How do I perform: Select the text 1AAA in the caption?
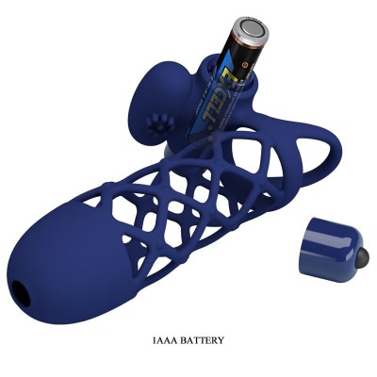(x=164, y=340)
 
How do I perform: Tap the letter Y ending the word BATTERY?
(x=222, y=340)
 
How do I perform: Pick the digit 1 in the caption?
(x=153, y=340)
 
